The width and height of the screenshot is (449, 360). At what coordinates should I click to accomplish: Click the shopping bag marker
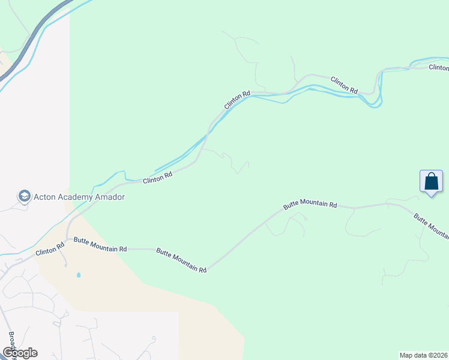tap(431, 181)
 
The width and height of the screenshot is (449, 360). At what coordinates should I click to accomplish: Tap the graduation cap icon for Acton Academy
tap(24, 196)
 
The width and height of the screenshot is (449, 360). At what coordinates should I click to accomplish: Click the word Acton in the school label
tap(45, 196)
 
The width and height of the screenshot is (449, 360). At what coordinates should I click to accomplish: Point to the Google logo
tap(20, 353)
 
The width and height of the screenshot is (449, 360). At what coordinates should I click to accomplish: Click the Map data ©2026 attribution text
tap(424, 355)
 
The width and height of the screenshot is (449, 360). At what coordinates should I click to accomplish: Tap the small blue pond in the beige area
tap(79, 275)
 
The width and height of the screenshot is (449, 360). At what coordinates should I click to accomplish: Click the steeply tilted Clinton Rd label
tap(237, 100)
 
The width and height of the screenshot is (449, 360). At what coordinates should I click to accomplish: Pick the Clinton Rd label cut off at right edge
tap(438, 67)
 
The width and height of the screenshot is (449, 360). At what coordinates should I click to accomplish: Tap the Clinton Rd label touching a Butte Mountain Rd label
tap(50, 249)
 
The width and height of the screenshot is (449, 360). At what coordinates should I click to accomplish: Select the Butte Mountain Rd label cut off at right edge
tap(431, 226)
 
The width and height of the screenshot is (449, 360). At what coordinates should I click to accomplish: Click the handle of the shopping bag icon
tap(431, 175)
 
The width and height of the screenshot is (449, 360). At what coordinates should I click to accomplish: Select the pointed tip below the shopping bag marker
tap(431, 196)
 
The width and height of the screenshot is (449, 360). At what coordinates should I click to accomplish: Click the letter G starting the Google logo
tap(8, 353)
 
